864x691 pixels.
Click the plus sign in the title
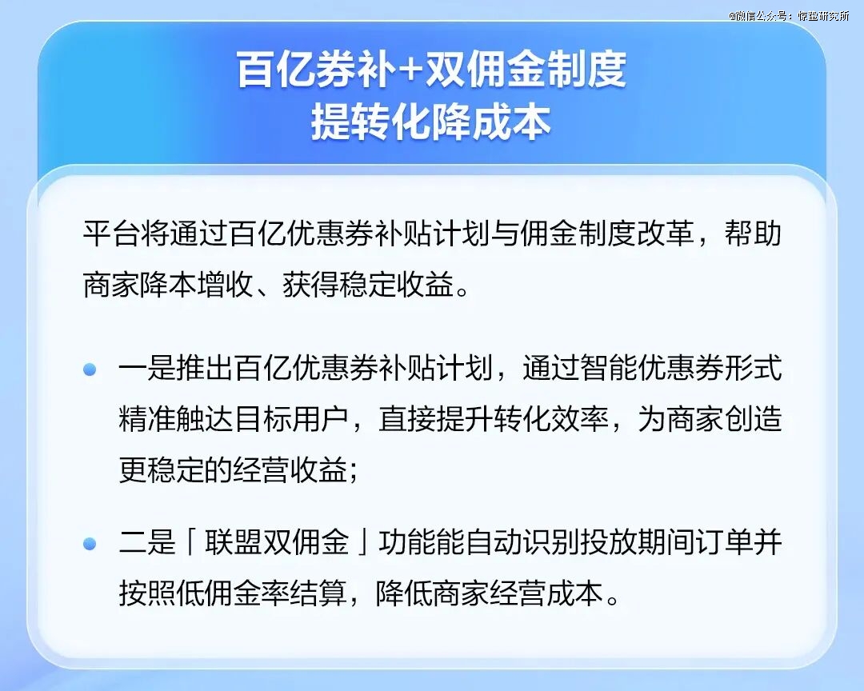point(408,70)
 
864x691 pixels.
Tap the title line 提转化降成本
point(431,122)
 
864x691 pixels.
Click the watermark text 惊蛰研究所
point(823,16)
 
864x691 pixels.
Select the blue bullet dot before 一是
point(90,369)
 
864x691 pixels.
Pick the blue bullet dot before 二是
point(90,543)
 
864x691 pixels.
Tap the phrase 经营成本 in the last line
point(548,594)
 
